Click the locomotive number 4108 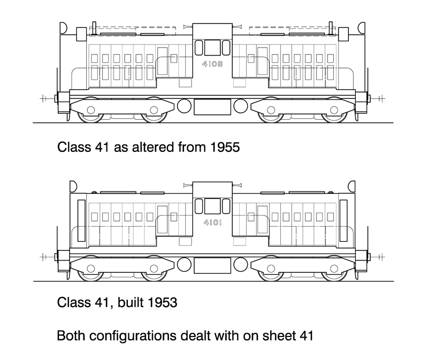click(x=212, y=65)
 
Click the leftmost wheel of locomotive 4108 click(x=90, y=111)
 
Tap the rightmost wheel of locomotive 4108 click(x=335, y=111)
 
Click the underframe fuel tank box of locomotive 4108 click(x=212, y=107)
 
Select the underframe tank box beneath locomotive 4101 click(x=212, y=265)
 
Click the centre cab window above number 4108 click(x=212, y=47)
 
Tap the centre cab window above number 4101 click(x=212, y=205)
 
